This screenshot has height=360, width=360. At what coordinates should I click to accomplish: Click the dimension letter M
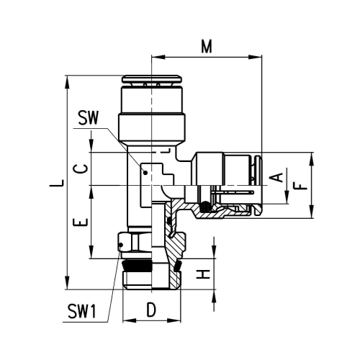click(x=207, y=46)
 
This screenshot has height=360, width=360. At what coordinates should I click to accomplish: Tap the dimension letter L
click(x=57, y=183)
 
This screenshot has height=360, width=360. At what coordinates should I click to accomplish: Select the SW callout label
click(x=89, y=118)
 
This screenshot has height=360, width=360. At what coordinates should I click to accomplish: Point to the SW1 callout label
click(x=82, y=311)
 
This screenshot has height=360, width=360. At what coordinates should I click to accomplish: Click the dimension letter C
click(x=81, y=168)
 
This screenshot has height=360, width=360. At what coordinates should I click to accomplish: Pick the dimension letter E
click(x=81, y=222)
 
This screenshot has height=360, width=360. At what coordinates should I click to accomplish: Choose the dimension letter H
click(x=203, y=274)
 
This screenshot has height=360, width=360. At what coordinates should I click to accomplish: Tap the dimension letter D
click(x=151, y=310)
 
